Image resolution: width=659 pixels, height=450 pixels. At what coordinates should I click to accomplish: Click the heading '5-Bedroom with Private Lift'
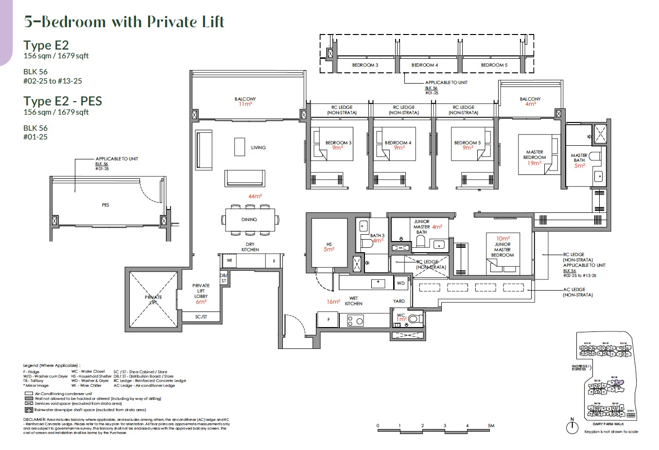pyautogui.click(x=124, y=22)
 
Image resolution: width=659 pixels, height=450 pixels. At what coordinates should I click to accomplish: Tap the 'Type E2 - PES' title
pyautogui.click(x=63, y=101)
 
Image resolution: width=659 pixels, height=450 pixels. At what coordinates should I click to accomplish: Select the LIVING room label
pyautogui.click(x=258, y=147)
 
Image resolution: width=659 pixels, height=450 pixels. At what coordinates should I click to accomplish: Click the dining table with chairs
pyautogui.click(x=249, y=220)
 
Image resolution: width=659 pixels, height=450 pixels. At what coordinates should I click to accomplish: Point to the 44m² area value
pyautogui.click(x=255, y=196)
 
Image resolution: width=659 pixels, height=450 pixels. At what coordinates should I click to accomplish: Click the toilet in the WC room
pyautogui.click(x=414, y=319)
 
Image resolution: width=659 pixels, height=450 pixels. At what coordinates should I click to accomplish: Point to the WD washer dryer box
pyautogui.click(x=400, y=283)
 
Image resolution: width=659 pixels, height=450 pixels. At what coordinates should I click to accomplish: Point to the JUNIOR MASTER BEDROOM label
pyautogui.click(x=502, y=250)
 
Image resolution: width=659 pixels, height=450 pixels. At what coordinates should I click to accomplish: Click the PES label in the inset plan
pyautogui.click(x=105, y=205)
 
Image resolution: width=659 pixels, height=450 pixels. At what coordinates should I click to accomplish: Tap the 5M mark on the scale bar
pyautogui.click(x=491, y=426)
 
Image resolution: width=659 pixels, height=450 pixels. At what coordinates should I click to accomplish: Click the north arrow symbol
pyautogui.click(x=572, y=427)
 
